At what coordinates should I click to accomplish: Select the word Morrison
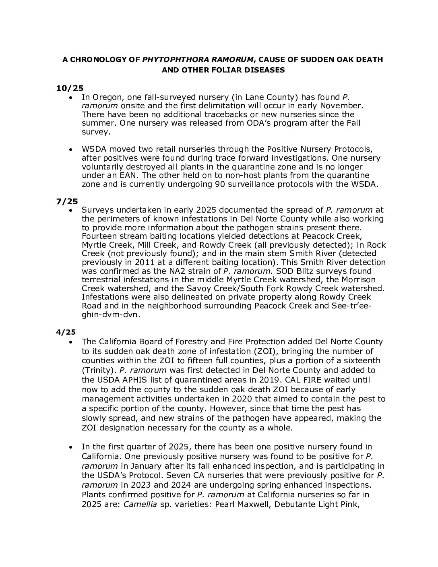(x=357, y=280)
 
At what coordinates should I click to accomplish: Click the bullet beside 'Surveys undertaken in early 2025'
(x=71, y=210)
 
